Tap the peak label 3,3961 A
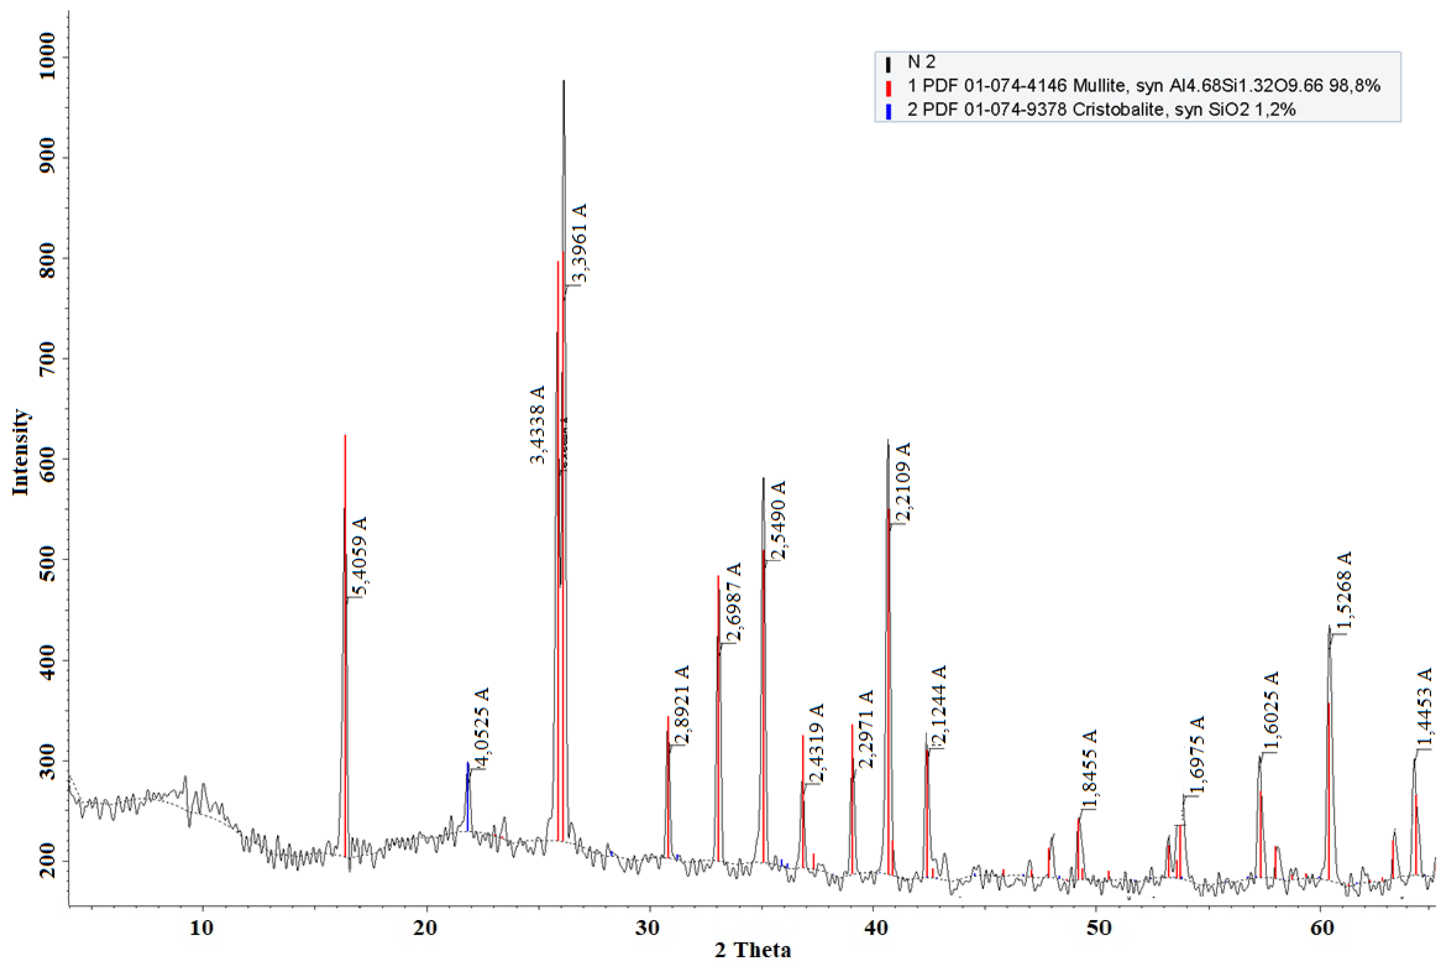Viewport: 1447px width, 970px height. (578, 243)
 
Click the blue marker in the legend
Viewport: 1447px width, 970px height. (889, 111)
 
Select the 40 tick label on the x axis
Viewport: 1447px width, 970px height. (873, 928)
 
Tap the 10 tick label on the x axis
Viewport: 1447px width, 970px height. (202, 928)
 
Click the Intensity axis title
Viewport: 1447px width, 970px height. (20, 452)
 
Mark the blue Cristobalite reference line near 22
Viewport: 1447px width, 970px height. (468, 798)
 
